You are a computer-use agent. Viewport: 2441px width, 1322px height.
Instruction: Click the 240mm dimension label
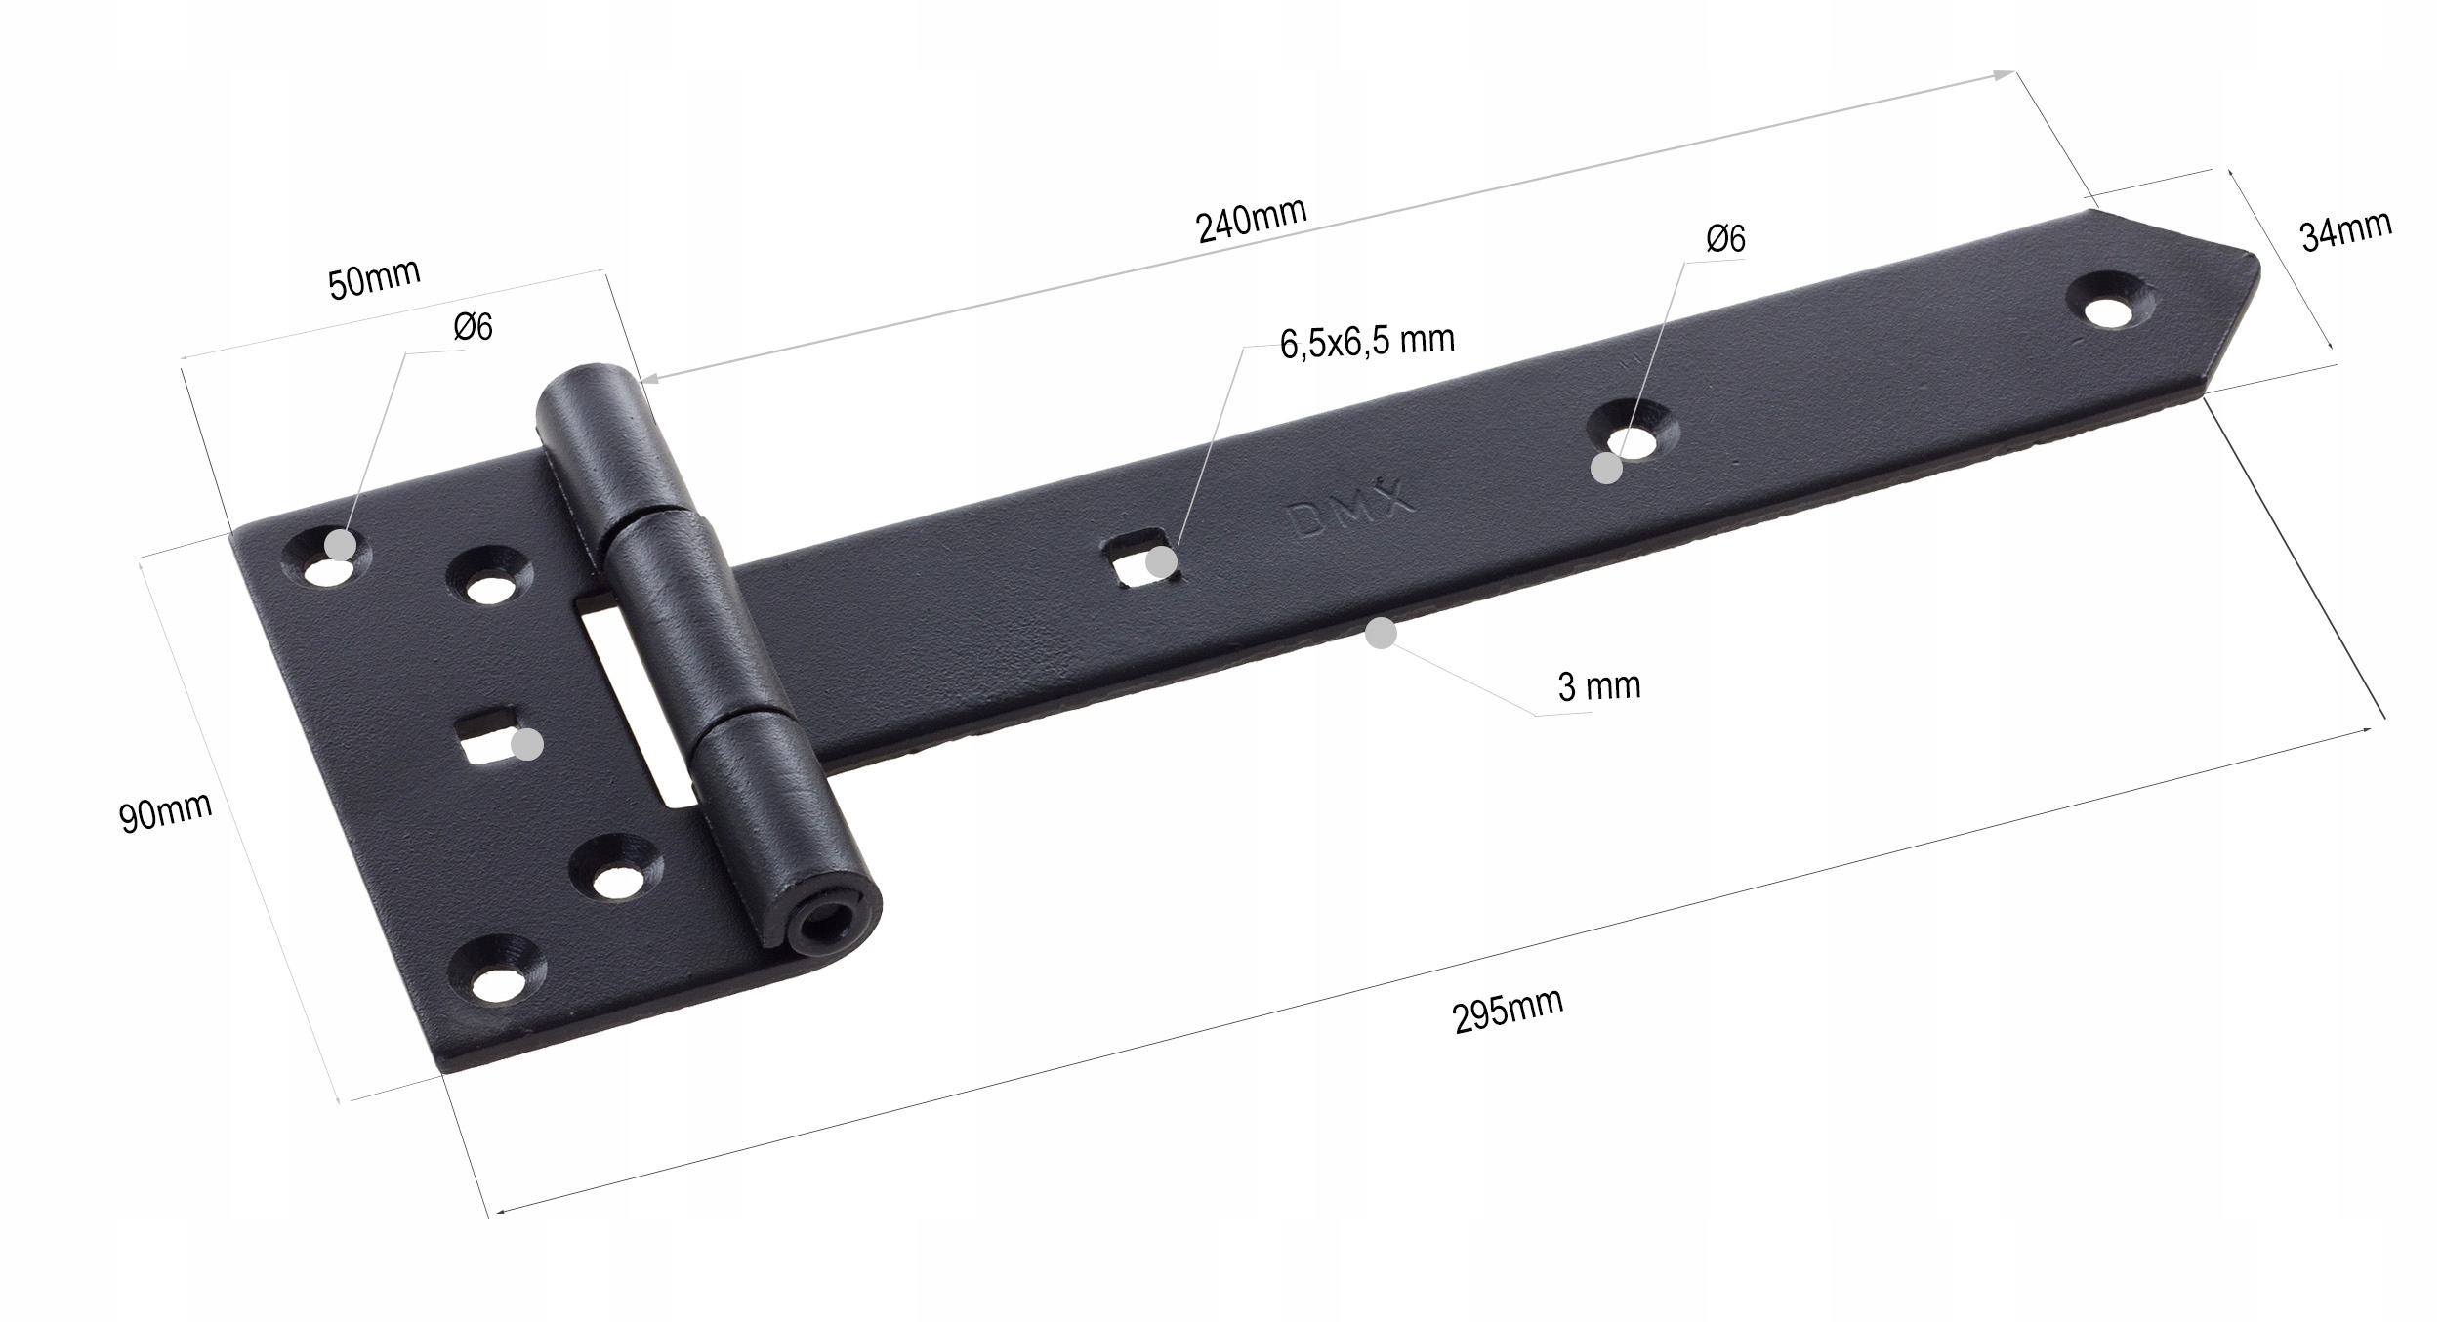pos(1251,221)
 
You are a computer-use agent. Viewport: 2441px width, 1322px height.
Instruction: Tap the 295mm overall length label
pos(1509,1011)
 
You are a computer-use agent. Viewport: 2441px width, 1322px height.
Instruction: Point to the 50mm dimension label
pos(374,279)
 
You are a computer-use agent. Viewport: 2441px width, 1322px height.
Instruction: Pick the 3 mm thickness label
pos(1599,686)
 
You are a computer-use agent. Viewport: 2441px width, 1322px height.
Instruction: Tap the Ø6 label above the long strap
pos(1726,238)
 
